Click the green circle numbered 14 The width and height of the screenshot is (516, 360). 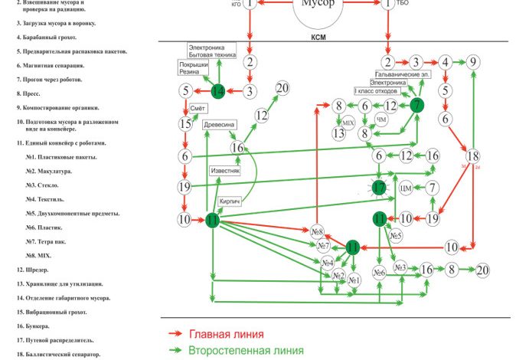tap(218, 92)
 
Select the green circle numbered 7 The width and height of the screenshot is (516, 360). tap(416, 106)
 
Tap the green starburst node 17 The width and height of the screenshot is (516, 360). tap(379, 187)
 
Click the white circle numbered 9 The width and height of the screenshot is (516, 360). tap(474, 62)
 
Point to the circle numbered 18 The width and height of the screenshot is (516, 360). tap(473, 155)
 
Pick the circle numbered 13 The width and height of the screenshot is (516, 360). tap(338, 133)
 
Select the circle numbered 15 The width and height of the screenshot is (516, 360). tap(185, 123)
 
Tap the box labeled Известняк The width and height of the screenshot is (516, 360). tap(225, 170)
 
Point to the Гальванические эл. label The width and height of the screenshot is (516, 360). tap(406, 75)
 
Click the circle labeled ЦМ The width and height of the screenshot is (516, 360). tap(406, 188)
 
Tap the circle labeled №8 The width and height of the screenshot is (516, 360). tap(318, 231)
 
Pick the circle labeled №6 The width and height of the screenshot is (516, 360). tap(379, 272)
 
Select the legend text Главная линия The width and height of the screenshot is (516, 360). tap(227, 335)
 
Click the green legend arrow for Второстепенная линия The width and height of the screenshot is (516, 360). tap(176, 350)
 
